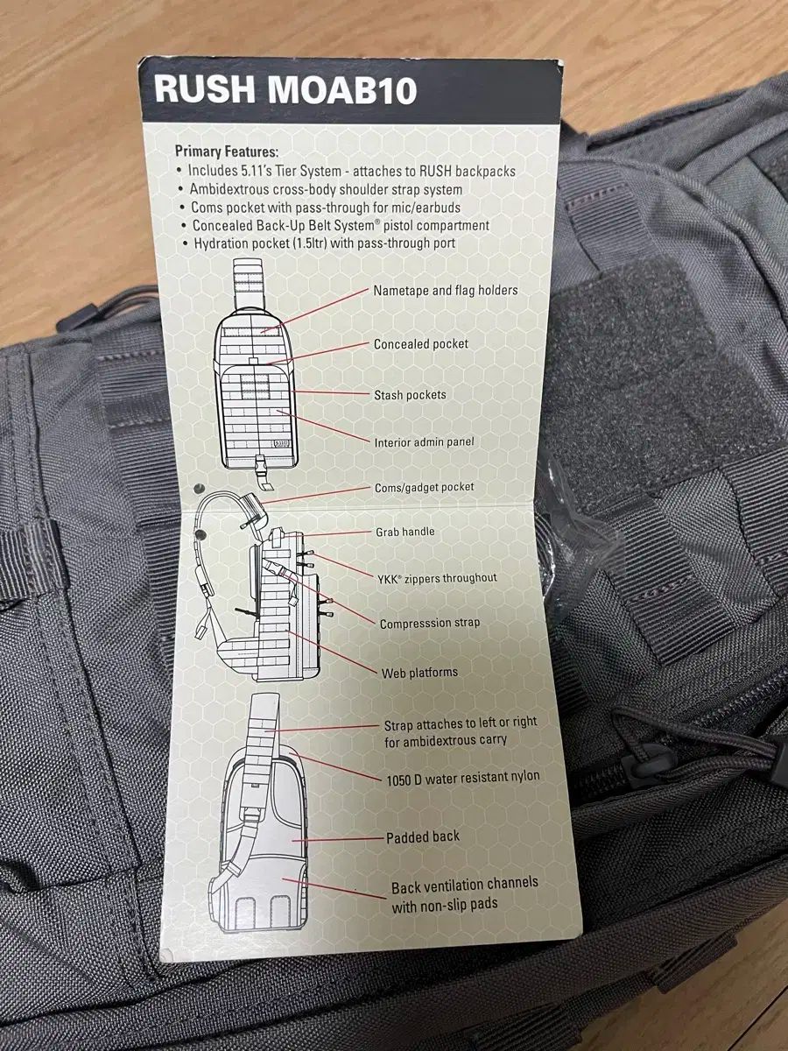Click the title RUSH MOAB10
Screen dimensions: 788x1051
[x=285, y=90]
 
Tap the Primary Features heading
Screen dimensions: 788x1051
[x=226, y=152]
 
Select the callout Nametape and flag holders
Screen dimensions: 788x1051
[x=446, y=291]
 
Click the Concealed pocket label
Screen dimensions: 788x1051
[x=421, y=344]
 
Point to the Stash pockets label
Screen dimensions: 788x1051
[x=410, y=395]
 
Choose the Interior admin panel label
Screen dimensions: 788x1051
[x=424, y=442]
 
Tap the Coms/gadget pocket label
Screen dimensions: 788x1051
[x=425, y=488]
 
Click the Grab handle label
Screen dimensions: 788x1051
[x=405, y=532]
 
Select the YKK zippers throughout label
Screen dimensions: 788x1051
[x=437, y=578]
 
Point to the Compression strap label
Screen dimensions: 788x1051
[x=430, y=624]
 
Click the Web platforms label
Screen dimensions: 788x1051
[x=419, y=673]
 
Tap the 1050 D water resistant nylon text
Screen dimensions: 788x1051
[x=463, y=778]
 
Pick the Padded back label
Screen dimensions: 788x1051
[x=423, y=837]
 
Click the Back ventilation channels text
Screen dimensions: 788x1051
[x=465, y=884]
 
